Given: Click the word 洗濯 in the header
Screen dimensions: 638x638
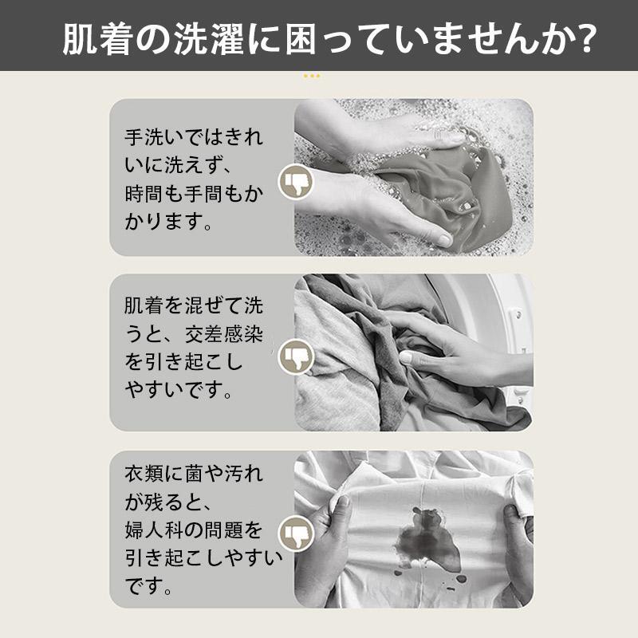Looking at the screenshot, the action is coord(209,39).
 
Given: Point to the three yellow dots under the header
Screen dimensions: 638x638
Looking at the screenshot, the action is coord(312,76).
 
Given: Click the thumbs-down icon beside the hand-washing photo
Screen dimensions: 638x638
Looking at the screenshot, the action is coord(296,183).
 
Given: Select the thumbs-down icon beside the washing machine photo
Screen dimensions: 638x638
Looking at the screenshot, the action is coord(296,356).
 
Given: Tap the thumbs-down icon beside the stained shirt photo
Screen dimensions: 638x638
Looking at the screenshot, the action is coord(296,533).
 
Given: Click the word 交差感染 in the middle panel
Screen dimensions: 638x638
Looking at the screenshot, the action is coord(224,334).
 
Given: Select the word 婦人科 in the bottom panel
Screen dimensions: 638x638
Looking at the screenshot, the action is coord(154,530).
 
